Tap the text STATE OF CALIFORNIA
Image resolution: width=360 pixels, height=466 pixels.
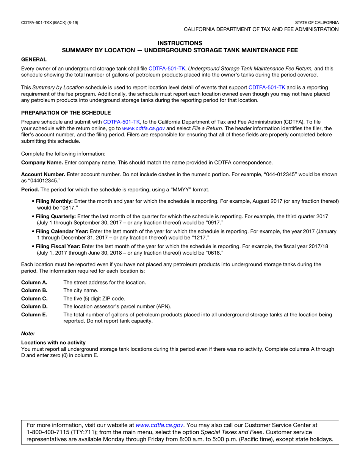[317, 23]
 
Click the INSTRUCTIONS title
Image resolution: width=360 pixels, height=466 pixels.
[180, 43]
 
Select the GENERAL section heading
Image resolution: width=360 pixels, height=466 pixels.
[34, 59]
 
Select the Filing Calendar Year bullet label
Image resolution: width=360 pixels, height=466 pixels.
[62, 231]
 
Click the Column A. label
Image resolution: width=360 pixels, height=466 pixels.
[34, 282]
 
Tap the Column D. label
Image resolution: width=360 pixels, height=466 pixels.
[34, 306]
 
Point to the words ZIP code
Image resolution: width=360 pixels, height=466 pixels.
[113, 298]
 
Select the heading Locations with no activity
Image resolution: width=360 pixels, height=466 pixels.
[53, 342]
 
